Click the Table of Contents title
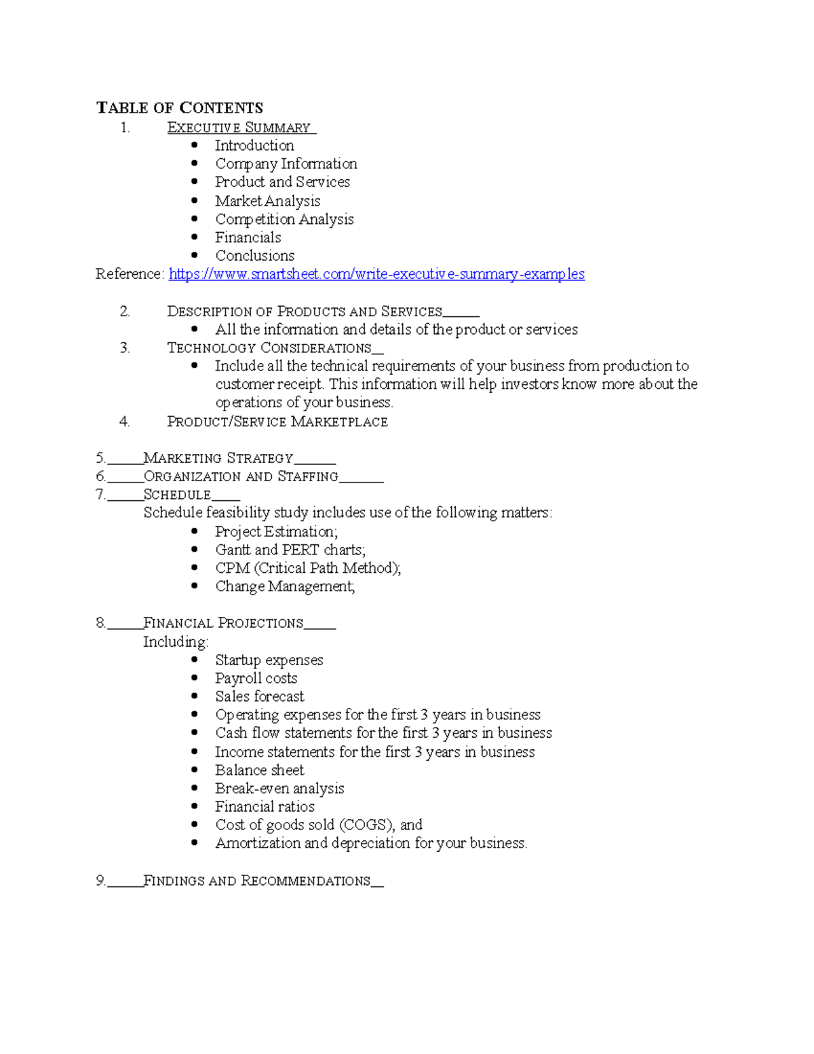point(180,108)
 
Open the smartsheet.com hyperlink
point(376,274)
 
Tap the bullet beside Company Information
point(195,164)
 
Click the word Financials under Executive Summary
point(248,238)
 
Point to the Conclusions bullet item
point(254,256)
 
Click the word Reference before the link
point(128,274)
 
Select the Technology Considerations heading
point(269,348)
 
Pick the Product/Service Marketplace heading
point(277,422)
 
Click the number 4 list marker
point(124,422)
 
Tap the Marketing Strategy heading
point(218,459)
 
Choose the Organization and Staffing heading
point(241,477)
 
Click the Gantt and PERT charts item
point(290,550)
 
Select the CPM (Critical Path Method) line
point(308,568)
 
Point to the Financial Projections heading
point(223,623)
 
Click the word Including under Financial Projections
point(175,642)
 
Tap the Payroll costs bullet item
point(256,678)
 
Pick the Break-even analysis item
point(279,789)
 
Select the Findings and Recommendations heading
point(257,881)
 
